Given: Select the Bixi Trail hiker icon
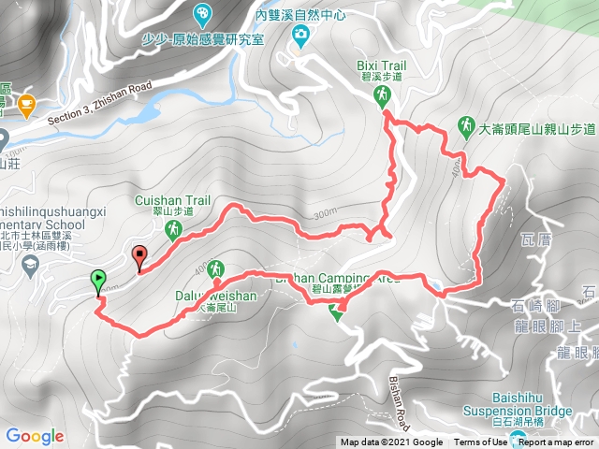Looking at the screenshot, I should [x=382, y=95].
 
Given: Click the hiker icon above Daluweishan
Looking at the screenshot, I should [x=216, y=269].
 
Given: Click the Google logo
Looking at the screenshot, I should [x=35, y=436].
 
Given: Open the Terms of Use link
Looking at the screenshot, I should [x=481, y=442].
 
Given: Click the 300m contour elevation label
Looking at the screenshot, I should [x=326, y=214].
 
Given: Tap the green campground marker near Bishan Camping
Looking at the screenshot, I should [x=336, y=313].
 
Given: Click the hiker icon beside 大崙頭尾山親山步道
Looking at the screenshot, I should [x=465, y=125].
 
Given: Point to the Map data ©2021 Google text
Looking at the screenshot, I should [x=391, y=442].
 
